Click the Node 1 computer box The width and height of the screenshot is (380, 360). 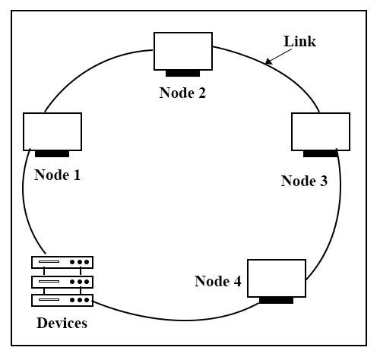coord(52,131)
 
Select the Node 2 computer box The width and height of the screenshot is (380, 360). coord(183,51)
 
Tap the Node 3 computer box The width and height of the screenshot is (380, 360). coord(321,131)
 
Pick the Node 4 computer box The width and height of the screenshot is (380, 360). coord(277,278)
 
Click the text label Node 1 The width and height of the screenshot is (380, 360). coord(58,175)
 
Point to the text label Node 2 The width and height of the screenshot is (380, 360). coord(182,93)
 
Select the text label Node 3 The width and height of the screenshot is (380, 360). coord(304,181)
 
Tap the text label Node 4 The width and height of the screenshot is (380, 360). coord(218,281)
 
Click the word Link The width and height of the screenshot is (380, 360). coord(300,41)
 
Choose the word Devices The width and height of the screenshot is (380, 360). coord(62,323)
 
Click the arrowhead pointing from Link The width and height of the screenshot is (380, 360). coord(268,61)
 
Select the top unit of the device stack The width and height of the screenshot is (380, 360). coord(62,262)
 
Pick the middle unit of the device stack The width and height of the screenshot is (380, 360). coord(62,282)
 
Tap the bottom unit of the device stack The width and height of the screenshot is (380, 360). coord(62,300)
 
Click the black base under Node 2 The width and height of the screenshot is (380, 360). coord(183,74)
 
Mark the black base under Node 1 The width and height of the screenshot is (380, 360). coord(52,154)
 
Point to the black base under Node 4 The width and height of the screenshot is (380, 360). coord(277,301)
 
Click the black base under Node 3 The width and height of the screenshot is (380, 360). coord(321,154)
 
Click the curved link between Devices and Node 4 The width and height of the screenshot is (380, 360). coord(177,320)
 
